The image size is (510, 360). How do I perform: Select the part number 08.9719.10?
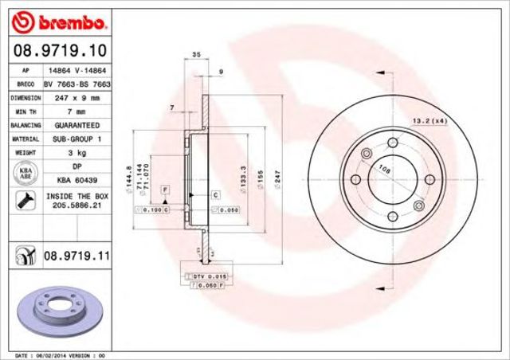59,52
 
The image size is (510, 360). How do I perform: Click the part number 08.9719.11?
76,256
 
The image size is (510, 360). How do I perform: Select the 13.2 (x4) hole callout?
427,120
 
